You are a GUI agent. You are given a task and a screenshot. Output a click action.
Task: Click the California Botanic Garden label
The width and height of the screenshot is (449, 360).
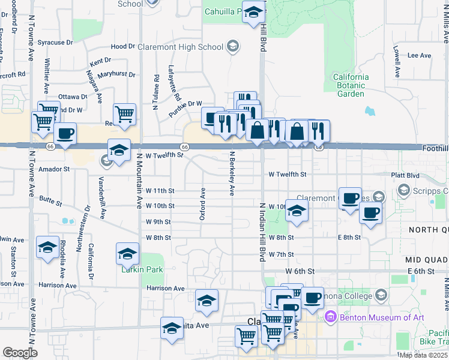351,85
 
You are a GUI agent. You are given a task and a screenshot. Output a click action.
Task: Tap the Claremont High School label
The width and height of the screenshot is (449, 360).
180,47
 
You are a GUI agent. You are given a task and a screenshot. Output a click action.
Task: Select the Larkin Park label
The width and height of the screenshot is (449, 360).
142,270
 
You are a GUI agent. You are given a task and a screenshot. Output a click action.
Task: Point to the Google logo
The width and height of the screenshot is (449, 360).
19,353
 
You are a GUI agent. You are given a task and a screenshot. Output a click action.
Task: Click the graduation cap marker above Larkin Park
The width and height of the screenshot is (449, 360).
127,254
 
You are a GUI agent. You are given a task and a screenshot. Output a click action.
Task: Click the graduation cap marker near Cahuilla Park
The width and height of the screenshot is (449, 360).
254,12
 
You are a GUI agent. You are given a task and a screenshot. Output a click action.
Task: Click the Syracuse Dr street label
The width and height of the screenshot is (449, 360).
55,43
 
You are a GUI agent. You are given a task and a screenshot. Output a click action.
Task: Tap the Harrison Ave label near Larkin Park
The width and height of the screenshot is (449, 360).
166,289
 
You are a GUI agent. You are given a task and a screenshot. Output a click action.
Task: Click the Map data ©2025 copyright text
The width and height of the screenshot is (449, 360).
423,355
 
